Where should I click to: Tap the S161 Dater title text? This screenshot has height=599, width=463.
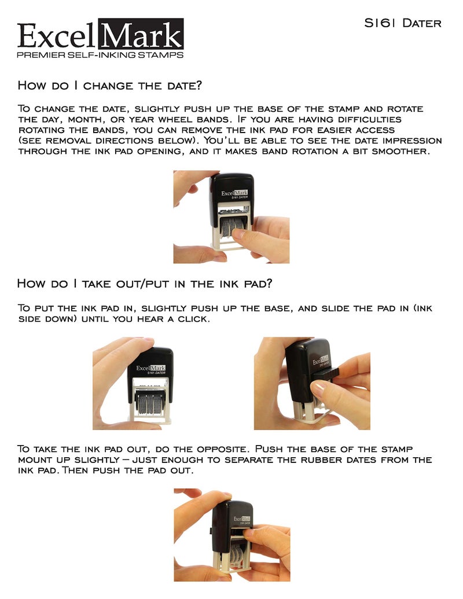coord(402,23)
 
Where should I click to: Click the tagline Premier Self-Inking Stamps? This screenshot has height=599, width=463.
coord(100,55)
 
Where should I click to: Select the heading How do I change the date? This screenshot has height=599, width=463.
coord(109,86)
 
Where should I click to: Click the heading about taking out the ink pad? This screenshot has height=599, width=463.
coord(144,284)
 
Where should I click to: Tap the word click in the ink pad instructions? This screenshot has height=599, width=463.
coord(190,319)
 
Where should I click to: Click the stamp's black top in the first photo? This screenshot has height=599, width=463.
coord(231,188)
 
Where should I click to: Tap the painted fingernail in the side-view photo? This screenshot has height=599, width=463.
coord(318,390)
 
